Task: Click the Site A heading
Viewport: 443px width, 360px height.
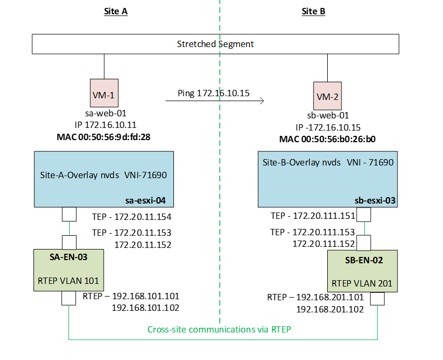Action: click(x=115, y=12)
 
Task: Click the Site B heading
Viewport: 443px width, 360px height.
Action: click(x=313, y=12)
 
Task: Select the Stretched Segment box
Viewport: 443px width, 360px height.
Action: click(x=215, y=44)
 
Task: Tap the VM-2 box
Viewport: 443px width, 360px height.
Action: click(x=328, y=97)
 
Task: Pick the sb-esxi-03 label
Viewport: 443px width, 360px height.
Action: click(x=375, y=201)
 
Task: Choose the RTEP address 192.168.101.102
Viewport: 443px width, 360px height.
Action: click(x=145, y=308)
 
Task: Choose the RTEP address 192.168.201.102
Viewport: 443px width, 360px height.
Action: click(x=330, y=310)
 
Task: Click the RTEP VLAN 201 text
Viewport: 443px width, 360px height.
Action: click(x=362, y=283)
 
